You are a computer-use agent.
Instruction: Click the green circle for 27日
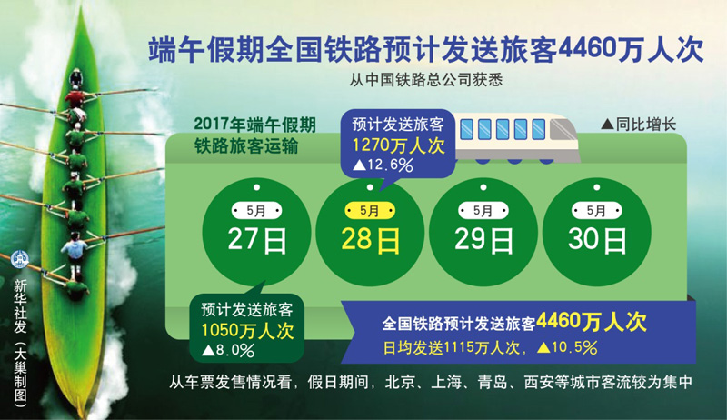pyautogui.click(x=256, y=232)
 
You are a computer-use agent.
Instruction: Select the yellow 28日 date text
pyautogui.click(x=370, y=240)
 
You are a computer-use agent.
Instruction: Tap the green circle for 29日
pyautogui.click(x=483, y=232)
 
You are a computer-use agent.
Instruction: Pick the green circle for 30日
pyautogui.click(x=597, y=232)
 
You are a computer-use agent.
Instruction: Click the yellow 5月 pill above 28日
pyautogui.click(x=370, y=211)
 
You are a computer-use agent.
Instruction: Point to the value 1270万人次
pyautogui.click(x=398, y=145)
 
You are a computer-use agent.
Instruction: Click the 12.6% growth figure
pyautogui.click(x=383, y=165)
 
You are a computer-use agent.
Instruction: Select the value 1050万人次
pyautogui.click(x=247, y=331)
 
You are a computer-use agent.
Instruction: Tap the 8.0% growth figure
pyautogui.click(x=228, y=351)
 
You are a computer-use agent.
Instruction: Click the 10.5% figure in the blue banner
pyautogui.click(x=567, y=347)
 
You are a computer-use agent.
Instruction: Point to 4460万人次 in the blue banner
pyautogui.click(x=592, y=321)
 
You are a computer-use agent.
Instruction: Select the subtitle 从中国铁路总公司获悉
pyautogui.click(x=425, y=80)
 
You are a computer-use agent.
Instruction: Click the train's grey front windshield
pyautogui.click(x=562, y=130)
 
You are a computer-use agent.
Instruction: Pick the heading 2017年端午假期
pyautogui.click(x=255, y=125)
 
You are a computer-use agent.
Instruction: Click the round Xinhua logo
pyautogui.click(x=20, y=259)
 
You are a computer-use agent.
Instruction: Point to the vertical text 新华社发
pyautogui.click(x=20, y=306)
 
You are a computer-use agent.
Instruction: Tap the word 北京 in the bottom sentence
pyautogui.click(x=400, y=382)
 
